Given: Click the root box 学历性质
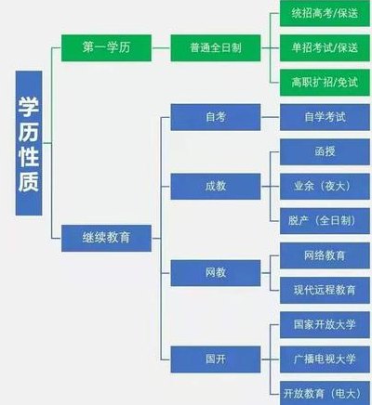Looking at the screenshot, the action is pos(29,143).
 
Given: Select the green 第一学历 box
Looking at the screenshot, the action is pos(106,48).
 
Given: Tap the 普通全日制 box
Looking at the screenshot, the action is pos(216,48).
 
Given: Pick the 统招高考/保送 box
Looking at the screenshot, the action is pos(325,13).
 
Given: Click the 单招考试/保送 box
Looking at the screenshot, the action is pos(325,48).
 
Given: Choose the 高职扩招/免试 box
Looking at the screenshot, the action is pos(325,83).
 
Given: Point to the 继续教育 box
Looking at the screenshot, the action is pos(106,238).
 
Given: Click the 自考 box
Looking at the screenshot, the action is pos(216,117).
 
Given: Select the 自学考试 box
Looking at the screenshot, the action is pos(325,117).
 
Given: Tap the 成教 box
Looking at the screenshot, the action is pos(216,187).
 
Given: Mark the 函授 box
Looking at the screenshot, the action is pos(325,151).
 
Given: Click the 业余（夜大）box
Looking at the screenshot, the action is pos(325,187).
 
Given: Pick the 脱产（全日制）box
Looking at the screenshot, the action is pos(325,221).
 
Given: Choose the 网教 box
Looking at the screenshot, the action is pos(216,273).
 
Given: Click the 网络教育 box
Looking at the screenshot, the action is pos(325,255).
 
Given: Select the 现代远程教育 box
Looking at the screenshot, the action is pos(325,291).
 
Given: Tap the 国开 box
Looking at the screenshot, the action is pos(216,359).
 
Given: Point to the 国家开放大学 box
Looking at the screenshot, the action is pos(325,325).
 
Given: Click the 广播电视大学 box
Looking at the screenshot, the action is pos(325,359).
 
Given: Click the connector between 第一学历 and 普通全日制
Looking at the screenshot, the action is pos(161,48).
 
